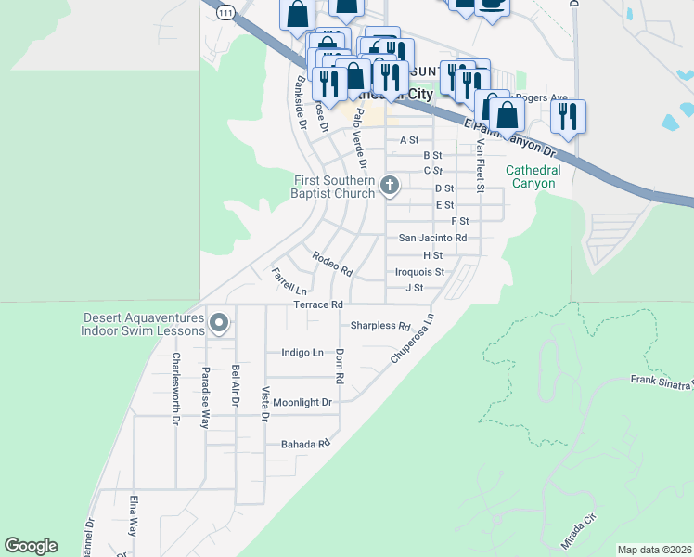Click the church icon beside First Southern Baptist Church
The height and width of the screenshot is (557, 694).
390,187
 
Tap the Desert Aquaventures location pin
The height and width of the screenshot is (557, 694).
219,323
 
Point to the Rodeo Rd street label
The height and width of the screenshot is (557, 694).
332,265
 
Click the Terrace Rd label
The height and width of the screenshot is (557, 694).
318,304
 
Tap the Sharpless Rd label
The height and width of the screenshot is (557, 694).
379,326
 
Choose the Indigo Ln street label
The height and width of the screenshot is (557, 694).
302,353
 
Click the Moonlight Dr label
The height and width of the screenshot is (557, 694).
302,402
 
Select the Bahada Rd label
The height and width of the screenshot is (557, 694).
305,445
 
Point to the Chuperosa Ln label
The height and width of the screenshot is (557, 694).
412,337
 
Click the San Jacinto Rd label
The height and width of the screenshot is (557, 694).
432,238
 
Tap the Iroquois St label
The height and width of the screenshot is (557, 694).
419,272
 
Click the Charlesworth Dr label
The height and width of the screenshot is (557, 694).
175,388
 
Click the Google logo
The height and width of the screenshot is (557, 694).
31,546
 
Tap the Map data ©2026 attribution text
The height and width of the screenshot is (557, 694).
653,550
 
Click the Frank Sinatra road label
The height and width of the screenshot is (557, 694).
662,382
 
